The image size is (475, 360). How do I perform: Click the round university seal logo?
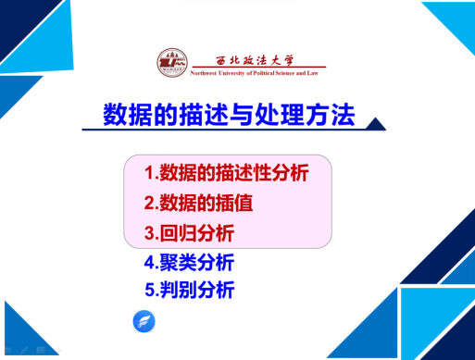172,63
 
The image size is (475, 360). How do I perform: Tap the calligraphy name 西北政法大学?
255,60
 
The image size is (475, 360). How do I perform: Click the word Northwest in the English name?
204,73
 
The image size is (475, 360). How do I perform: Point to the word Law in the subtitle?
312,73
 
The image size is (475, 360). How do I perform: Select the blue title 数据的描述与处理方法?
229,115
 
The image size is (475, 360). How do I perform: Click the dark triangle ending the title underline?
376,124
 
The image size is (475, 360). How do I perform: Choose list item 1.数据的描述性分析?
226,172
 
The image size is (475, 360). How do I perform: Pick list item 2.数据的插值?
198,203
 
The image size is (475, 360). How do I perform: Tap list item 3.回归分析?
189,232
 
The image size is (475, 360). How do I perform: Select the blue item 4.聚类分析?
189,263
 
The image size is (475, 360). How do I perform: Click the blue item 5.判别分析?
190,290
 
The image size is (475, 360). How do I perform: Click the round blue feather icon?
144,321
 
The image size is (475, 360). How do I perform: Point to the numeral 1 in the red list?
149,173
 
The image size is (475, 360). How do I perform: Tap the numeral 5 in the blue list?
150,290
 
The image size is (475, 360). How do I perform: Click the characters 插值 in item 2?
234,203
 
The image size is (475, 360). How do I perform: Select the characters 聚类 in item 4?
178,263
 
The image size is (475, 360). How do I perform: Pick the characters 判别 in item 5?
179,290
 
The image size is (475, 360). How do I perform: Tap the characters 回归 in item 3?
178,232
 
